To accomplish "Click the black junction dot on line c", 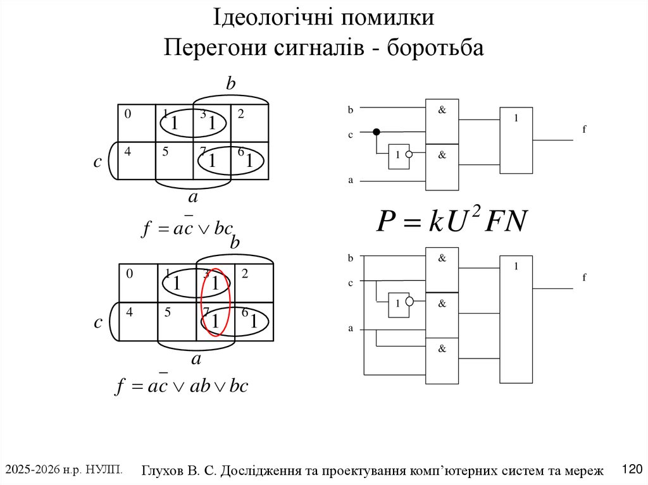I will (x=376, y=132).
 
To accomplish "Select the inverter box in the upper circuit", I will (x=398, y=155).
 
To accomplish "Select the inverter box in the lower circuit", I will (x=398, y=303).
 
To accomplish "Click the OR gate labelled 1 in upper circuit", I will (x=516, y=140).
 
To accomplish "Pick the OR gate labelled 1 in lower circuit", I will (x=516, y=319).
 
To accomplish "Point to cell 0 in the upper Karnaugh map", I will (x=137, y=123).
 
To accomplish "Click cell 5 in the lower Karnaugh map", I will (x=177, y=321).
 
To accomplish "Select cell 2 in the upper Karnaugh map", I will (x=249, y=123).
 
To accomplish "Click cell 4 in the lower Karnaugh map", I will (x=138, y=321).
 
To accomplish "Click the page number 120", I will (x=632, y=469).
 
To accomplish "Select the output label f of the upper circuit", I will (x=584, y=129).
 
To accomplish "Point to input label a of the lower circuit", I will (x=350, y=329).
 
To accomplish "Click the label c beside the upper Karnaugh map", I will (x=97, y=162).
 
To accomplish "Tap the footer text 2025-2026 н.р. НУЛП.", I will (x=64, y=469).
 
